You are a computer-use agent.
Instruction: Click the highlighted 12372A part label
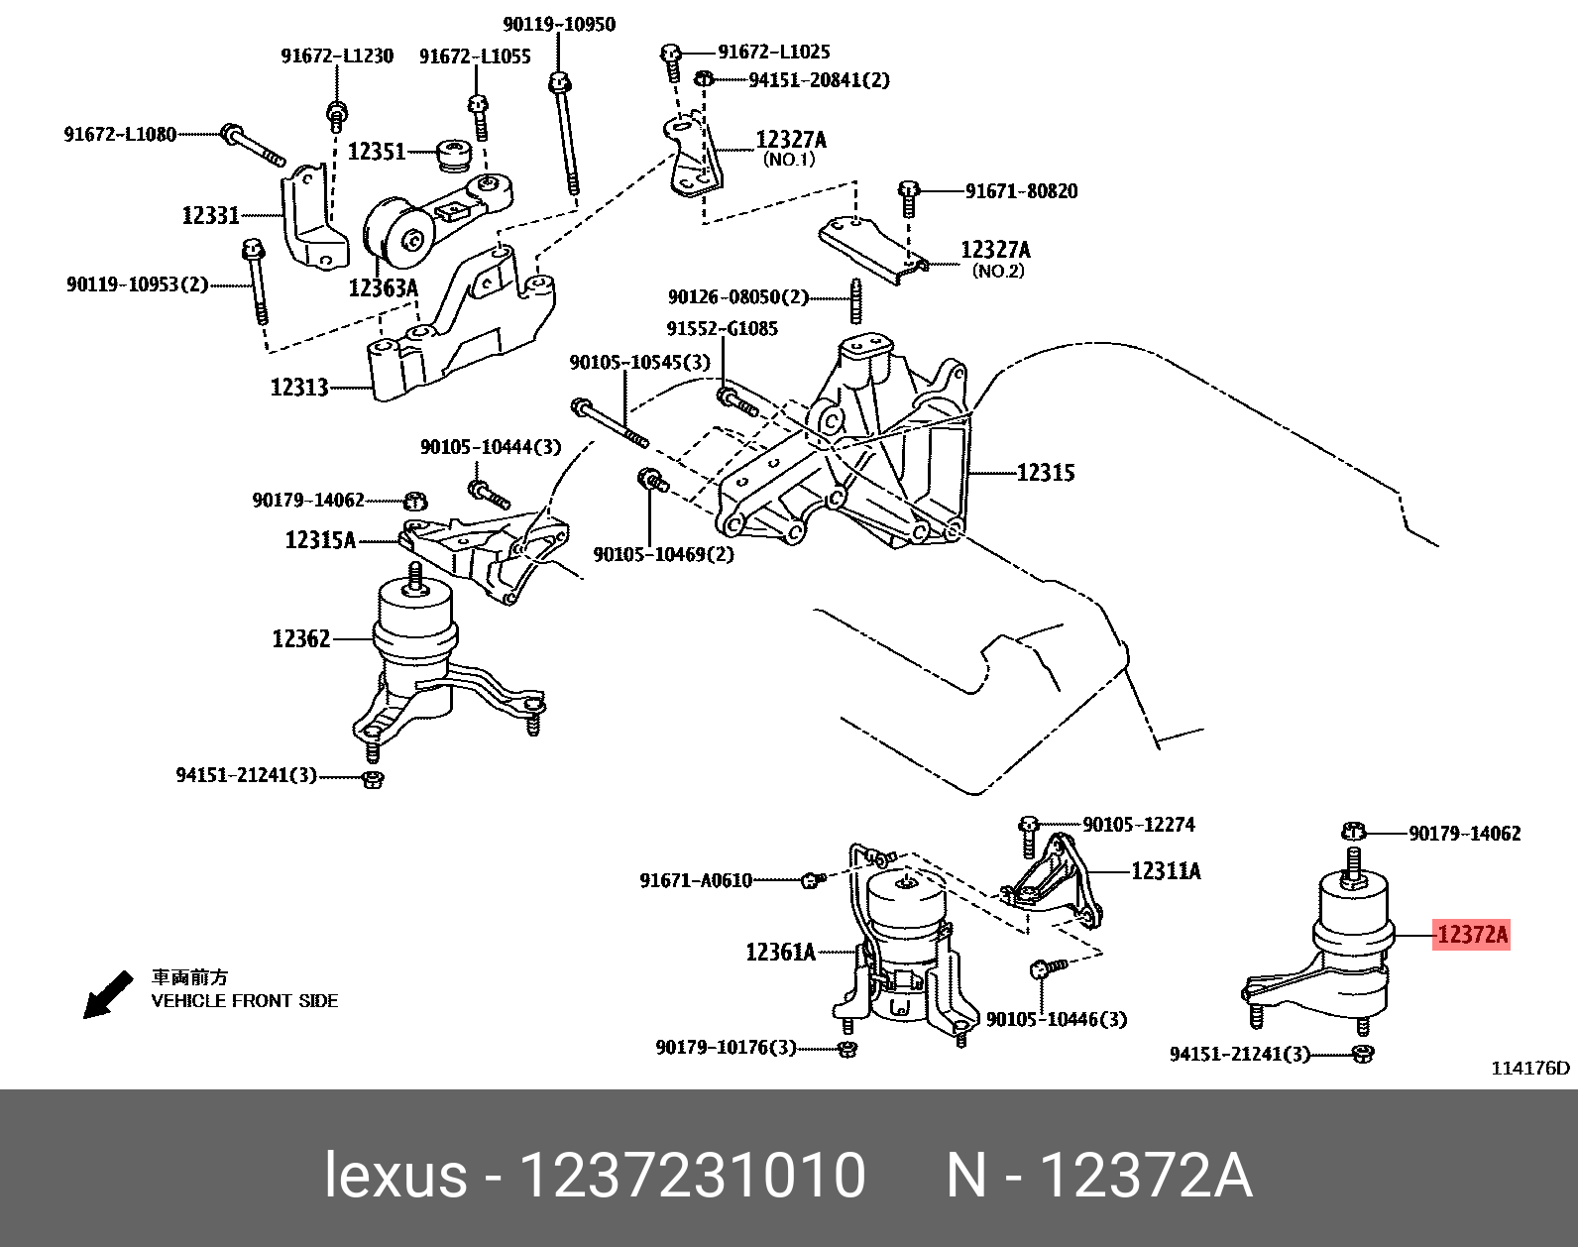click(x=1471, y=934)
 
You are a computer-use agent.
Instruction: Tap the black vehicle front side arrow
click(x=107, y=994)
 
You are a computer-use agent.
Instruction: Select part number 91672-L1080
click(x=120, y=134)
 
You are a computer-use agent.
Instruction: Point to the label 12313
click(x=298, y=388)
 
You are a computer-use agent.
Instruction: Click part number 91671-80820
click(x=1021, y=191)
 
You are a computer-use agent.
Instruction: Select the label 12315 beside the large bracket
click(x=1045, y=473)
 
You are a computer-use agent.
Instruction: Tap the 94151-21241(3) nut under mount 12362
click(x=374, y=778)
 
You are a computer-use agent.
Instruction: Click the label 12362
click(x=300, y=639)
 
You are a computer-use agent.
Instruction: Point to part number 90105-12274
click(x=1138, y=825)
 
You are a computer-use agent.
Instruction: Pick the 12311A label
click(x=1166, y=871)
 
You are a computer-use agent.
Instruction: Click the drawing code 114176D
click(x=1530, y=1068)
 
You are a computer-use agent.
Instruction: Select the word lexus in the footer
click(x=395, y=1176)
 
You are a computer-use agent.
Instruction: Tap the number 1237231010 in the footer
click(x=692, y=1176)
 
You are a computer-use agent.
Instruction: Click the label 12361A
click(x=780, y=953)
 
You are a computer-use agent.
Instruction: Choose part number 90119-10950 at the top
click(x=558, y=24)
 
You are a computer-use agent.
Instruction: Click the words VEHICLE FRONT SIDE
click(x=244, y=1001)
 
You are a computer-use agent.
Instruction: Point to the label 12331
click(x=210, y=215)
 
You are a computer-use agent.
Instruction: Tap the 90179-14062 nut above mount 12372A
click(x=1354, y=831)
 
